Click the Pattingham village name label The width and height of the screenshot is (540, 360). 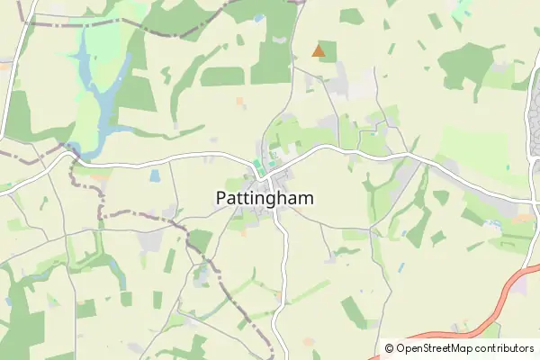[265, 197]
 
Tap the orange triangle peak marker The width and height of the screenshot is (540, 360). [319, 51]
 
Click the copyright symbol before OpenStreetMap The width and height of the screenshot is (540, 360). [390, 347]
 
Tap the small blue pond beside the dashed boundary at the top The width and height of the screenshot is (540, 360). [259, 18]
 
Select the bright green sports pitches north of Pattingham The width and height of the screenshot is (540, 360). [256, 166]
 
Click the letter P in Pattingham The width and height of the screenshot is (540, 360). [221, 197]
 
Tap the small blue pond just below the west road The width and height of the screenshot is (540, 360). [154, 176]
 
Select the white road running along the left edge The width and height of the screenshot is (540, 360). [11, 72]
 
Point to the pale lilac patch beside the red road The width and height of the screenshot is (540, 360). [520, 284]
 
